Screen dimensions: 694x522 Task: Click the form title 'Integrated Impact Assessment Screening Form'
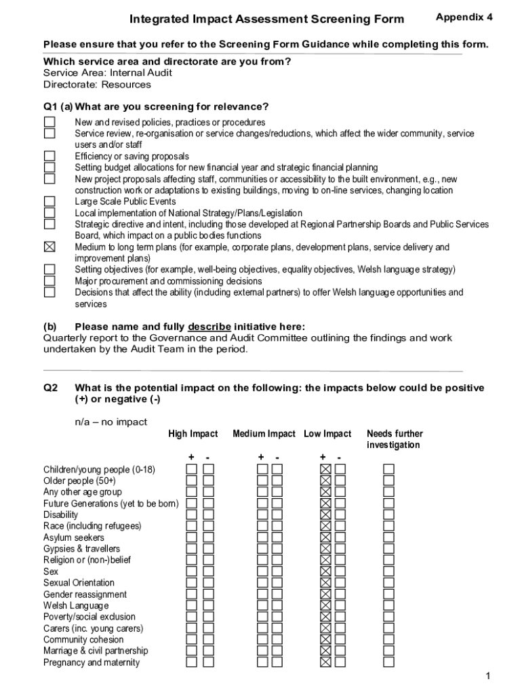coord(267,19)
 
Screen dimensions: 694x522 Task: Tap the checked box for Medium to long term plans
coord(49,247)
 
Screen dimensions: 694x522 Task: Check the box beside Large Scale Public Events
coord(49,201)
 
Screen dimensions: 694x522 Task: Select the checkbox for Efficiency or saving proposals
coord(49,156)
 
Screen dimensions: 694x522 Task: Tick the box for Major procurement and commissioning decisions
coord(49,281)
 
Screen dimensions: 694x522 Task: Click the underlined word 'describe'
coord(209,326)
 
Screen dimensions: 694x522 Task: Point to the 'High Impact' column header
coord(193,434)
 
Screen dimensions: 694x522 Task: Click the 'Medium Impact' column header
coord(264,434)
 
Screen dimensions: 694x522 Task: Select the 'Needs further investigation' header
coord(394,439)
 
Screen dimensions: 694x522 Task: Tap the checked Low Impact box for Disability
coord(325,514)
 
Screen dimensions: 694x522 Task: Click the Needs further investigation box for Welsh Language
coord(388,605)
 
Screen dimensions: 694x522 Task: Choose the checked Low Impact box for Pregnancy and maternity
coord(325,662)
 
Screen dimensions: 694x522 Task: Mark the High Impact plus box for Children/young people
coord(192,469)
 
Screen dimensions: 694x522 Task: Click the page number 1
coord(487,676)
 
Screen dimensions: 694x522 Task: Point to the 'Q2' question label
coord(51,388)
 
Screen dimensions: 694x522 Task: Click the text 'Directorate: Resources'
coord(97,85)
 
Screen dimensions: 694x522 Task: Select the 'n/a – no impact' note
coord(111,422)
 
